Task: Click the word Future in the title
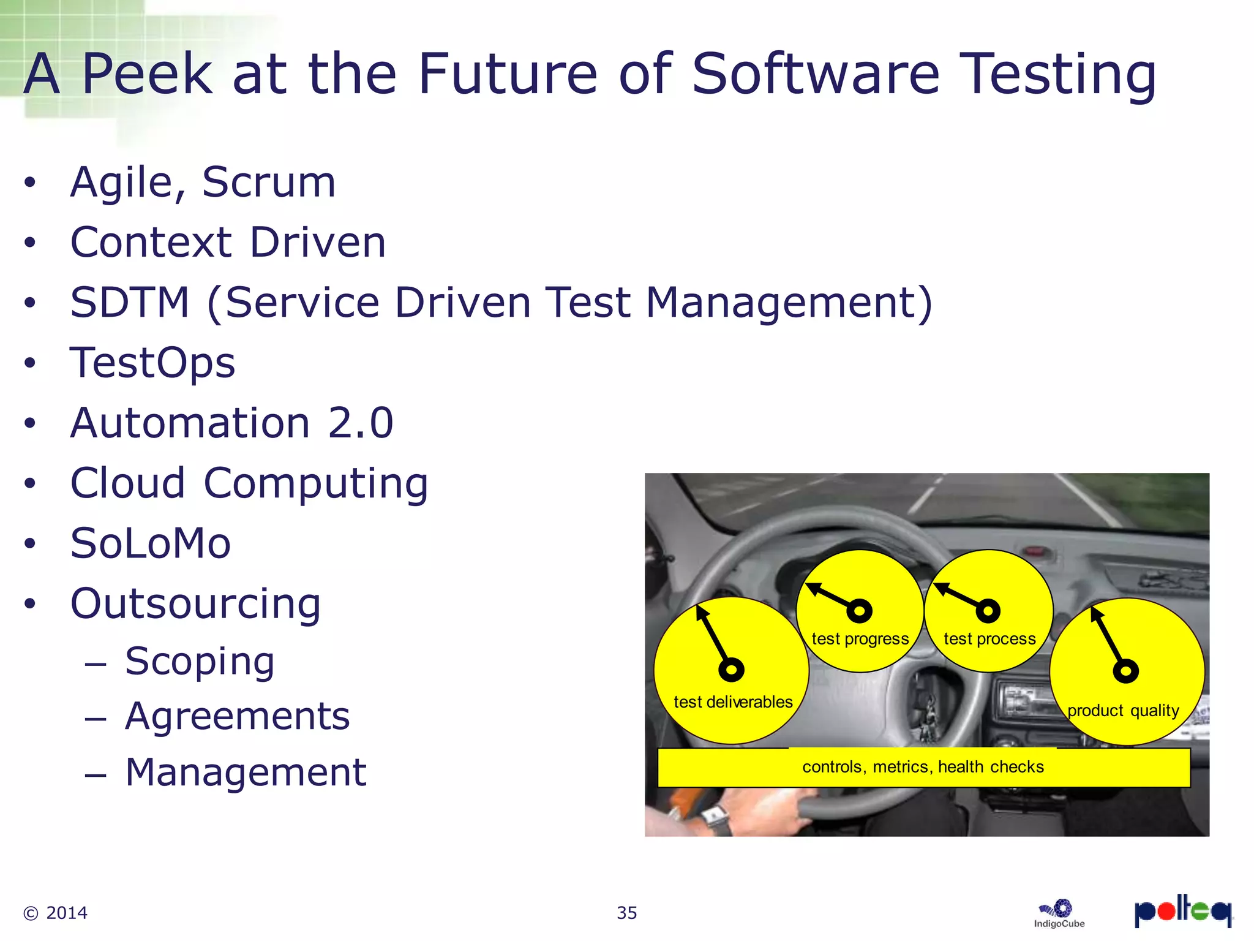[507, 75]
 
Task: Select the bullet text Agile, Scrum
[203, 183]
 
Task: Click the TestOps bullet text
[152, 363]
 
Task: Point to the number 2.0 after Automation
[360, 423]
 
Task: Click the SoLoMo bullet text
[151, 543]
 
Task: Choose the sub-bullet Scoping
[200, 662]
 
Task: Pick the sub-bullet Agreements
[237, 717]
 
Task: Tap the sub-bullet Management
[246, 773]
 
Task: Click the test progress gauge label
[860, 639]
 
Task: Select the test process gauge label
[989, 639]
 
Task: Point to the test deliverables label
[733, 702]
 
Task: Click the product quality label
[1123, 711]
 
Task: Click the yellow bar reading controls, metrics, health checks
[923, 767]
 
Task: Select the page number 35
[627, 913]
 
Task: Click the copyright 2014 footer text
[56, 913]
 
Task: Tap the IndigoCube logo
[1059, 913]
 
